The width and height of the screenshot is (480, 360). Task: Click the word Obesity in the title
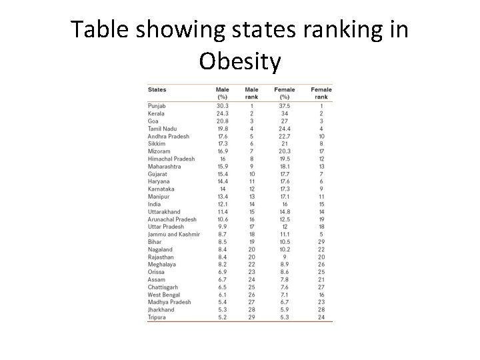[240, 61]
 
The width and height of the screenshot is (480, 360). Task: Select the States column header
[157, 90]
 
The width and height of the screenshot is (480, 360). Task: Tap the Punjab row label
[157, 106]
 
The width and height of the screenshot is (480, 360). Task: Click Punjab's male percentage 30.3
[223, 106]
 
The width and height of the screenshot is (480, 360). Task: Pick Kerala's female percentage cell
[285, 113]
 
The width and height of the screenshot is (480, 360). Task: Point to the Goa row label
[153, 121]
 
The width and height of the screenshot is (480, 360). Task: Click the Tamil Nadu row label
[162, 129]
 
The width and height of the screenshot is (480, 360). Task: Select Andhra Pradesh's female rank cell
[321, 136]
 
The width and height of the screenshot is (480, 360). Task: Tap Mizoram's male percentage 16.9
[223, 151]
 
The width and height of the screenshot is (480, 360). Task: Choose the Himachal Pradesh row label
[171, 159]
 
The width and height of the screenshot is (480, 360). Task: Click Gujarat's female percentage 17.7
[285, 174]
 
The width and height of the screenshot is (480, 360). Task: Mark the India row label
[154, 204]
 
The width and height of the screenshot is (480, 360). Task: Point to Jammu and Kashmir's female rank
[321, 235]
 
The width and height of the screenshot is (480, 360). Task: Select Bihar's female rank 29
[321, 242]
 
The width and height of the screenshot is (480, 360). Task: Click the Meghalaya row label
[162, 265]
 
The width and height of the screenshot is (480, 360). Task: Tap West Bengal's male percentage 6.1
[223, 295]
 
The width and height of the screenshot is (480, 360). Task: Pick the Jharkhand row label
[161, 310]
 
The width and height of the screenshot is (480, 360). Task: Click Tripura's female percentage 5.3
[285, 317]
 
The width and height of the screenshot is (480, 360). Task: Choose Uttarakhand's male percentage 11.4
[223, 212]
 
